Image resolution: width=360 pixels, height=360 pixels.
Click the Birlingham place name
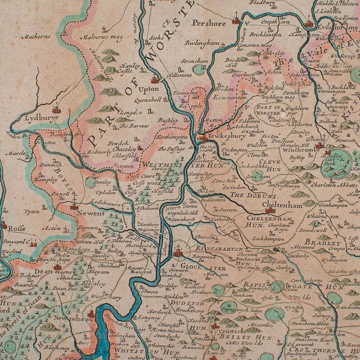[201, 43]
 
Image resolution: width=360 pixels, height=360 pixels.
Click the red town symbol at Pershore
[237, 22]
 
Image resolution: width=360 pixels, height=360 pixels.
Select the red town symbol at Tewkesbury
[201, 138]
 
